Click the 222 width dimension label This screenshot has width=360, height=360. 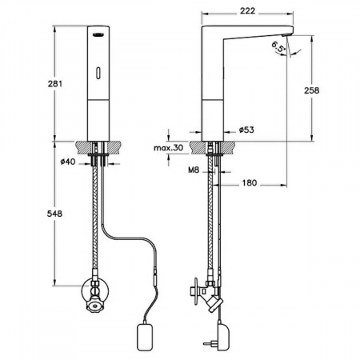point(247,11)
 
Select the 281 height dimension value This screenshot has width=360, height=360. point(55,84)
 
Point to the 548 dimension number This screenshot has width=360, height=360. point(54,214)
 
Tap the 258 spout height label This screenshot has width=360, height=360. point(311,90)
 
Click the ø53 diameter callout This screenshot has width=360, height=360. point(246,130)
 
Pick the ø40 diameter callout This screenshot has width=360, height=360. point(68,162)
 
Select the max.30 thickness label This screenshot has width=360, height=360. point(169,148)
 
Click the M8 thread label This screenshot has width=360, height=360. point(194,170)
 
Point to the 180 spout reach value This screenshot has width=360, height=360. point(250,182)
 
